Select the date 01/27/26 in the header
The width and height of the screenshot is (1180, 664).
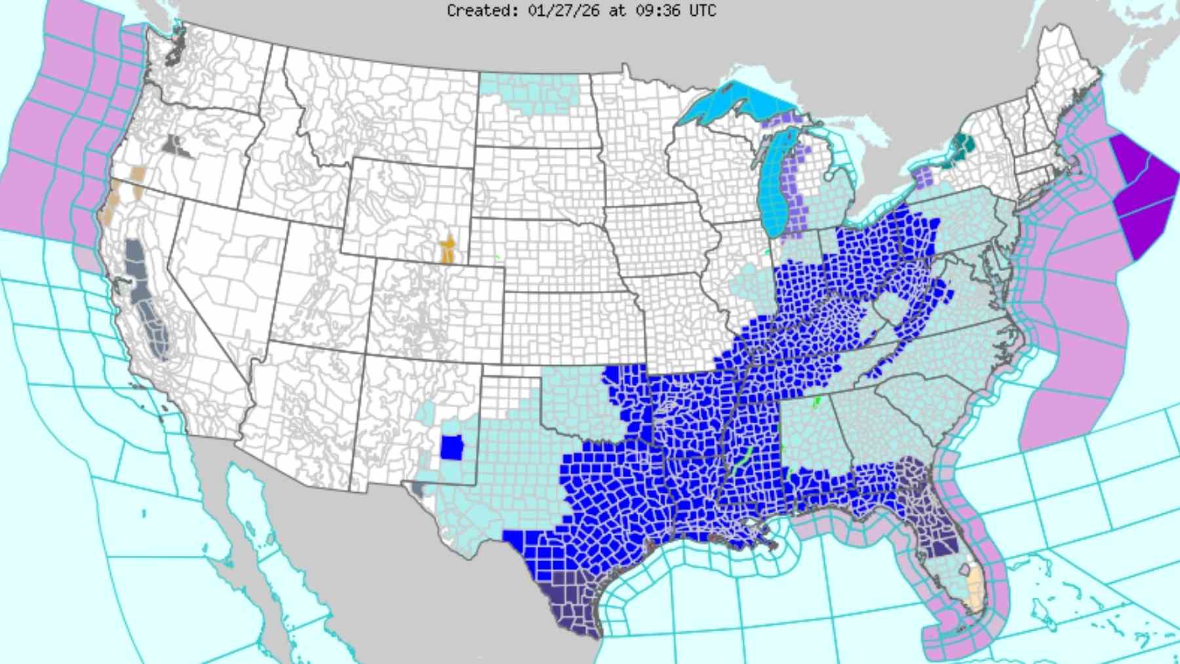pos(563,10)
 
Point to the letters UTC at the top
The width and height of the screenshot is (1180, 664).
pos(702,10)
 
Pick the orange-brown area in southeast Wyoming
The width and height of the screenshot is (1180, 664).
pos(448,248)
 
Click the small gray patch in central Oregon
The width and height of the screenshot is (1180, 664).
pos(175,147)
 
